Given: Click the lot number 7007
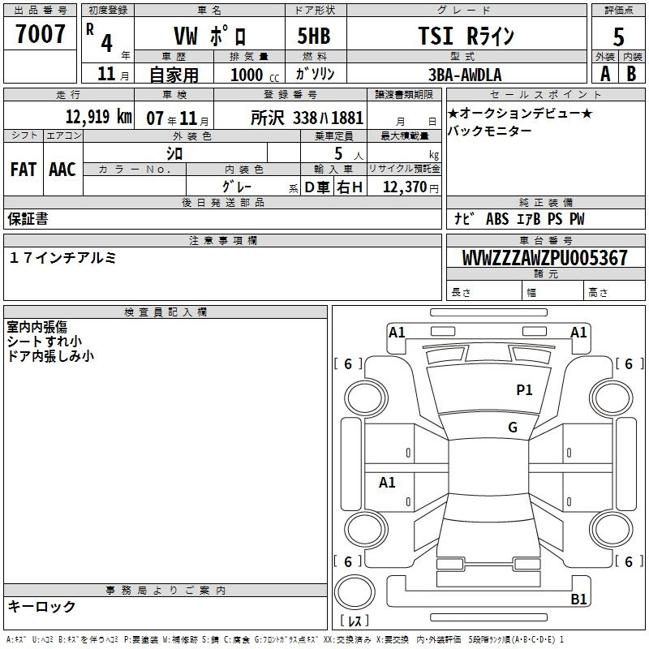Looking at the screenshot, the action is [x=40, y=33].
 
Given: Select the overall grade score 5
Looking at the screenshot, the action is [x=618, y=37].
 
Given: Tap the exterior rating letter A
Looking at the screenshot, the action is [x=605, y=74].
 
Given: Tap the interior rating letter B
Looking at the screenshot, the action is [x=631, y=74].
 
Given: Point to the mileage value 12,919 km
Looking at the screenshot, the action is [x=99, y=117].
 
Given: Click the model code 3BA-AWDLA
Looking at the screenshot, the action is [x=465, y=75].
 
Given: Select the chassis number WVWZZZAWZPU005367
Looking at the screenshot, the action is [x=544, y=257].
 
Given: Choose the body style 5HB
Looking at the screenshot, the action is [x=314, y=36].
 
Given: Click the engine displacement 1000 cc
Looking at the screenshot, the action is [x=255, y=75].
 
